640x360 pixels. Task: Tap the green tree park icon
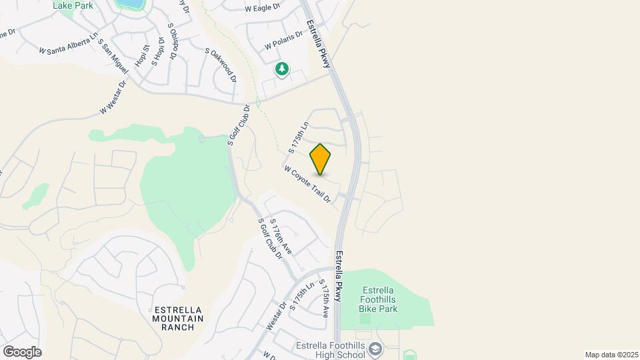click(x=283, y=69)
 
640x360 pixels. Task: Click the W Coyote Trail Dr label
click(x=307, y=185)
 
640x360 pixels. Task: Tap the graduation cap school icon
click(x=376, y=349)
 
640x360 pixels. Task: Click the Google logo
click(x=22, y=351)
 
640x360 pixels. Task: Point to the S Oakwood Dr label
click(x=221, y=65)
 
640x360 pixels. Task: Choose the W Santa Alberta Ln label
click(x=68, y=43)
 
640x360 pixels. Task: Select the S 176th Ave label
click(x=281, y=235)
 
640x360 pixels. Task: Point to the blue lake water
click(x=131, y=4)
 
